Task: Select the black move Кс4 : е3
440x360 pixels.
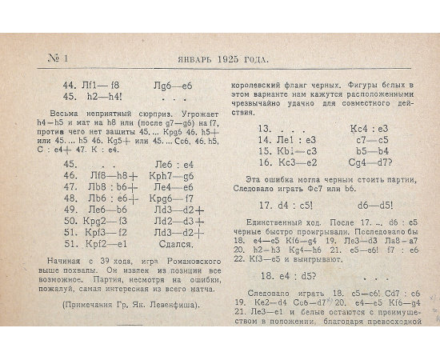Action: [370, 128]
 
